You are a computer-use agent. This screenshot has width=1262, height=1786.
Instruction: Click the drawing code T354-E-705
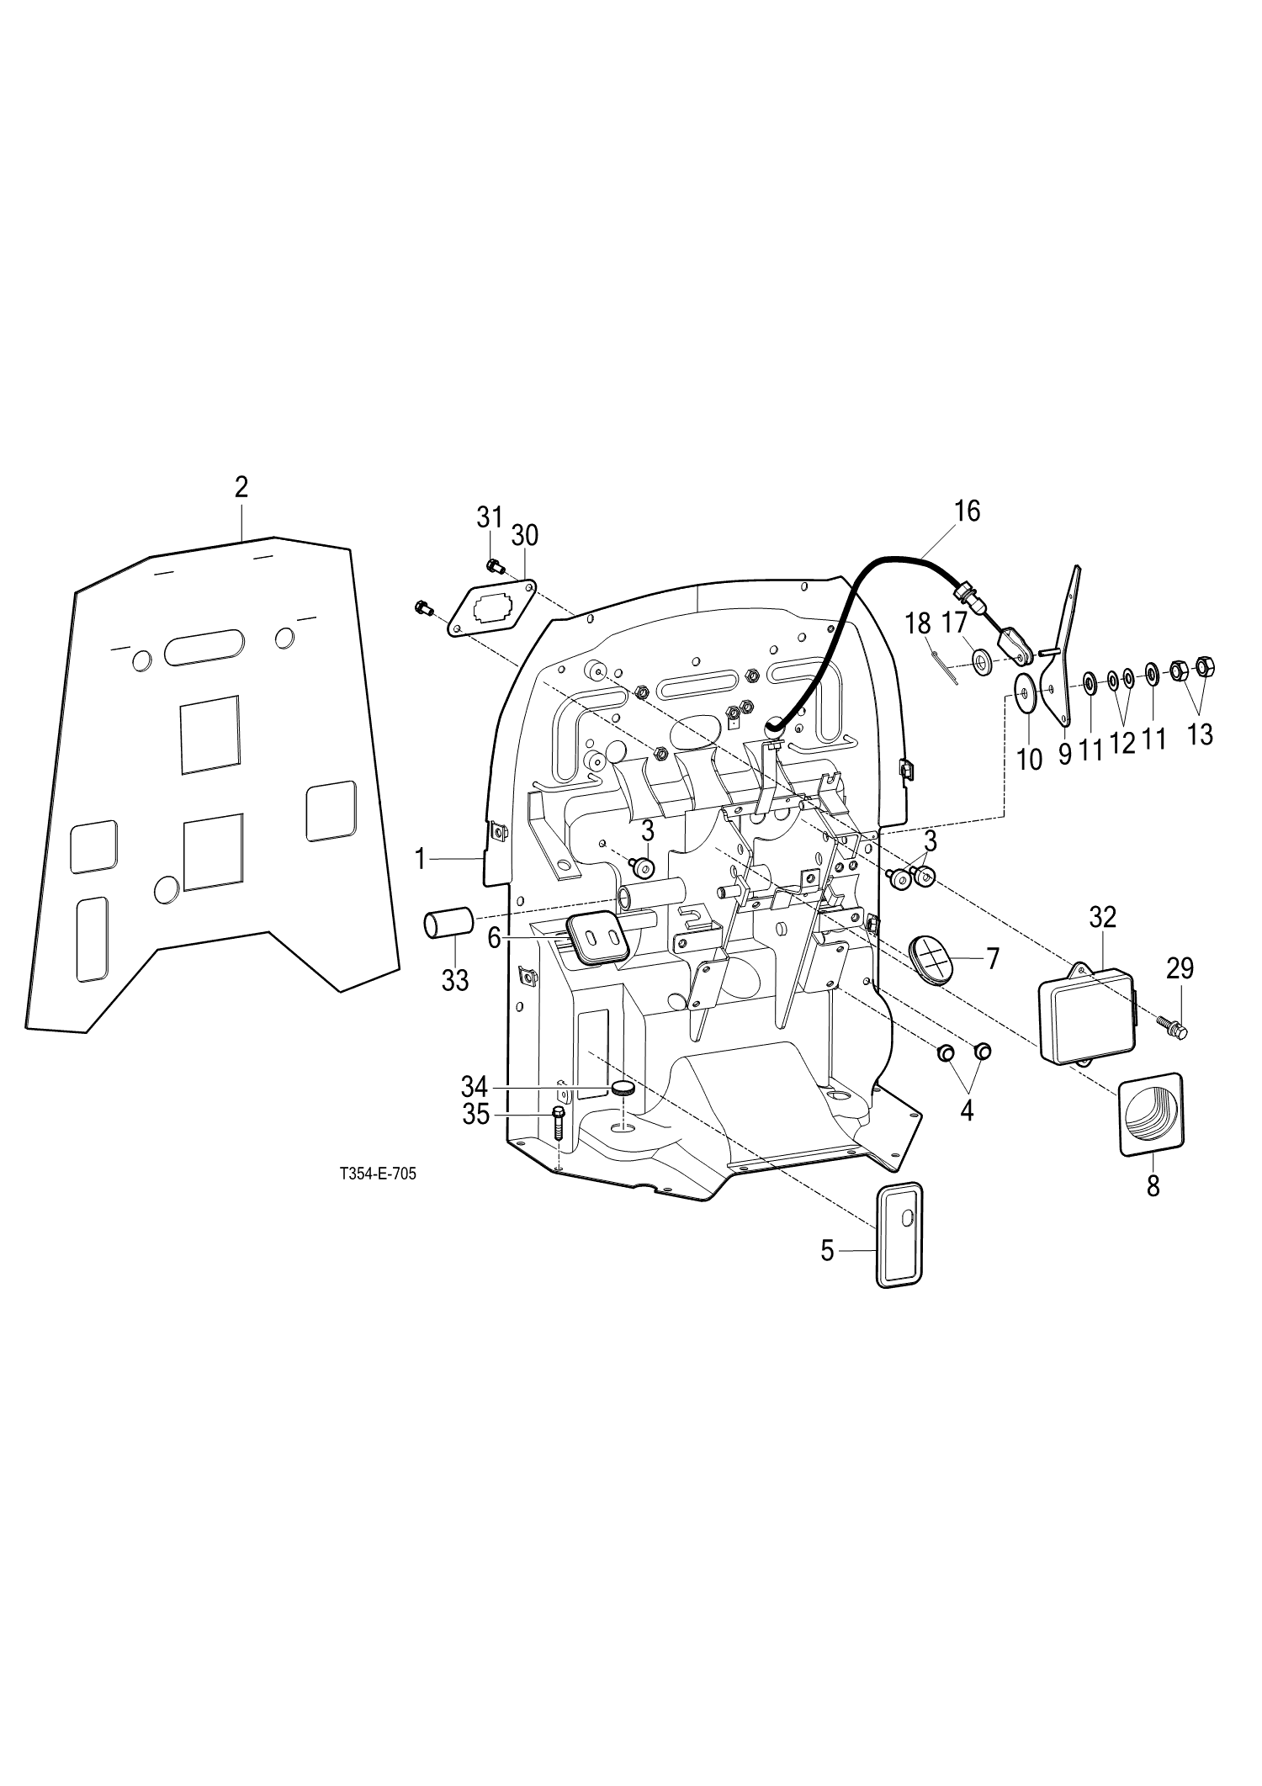coord(378,1175)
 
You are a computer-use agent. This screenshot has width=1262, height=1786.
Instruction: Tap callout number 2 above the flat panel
coord(241,487)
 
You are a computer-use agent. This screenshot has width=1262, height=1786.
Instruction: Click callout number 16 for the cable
coord(968,511)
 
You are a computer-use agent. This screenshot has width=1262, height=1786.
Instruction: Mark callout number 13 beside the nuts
coord(1200,734)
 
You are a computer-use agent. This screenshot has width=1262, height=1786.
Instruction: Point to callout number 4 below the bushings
coord(967,1110)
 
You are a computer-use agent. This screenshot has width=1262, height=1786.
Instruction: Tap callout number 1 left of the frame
coord(422,859)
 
